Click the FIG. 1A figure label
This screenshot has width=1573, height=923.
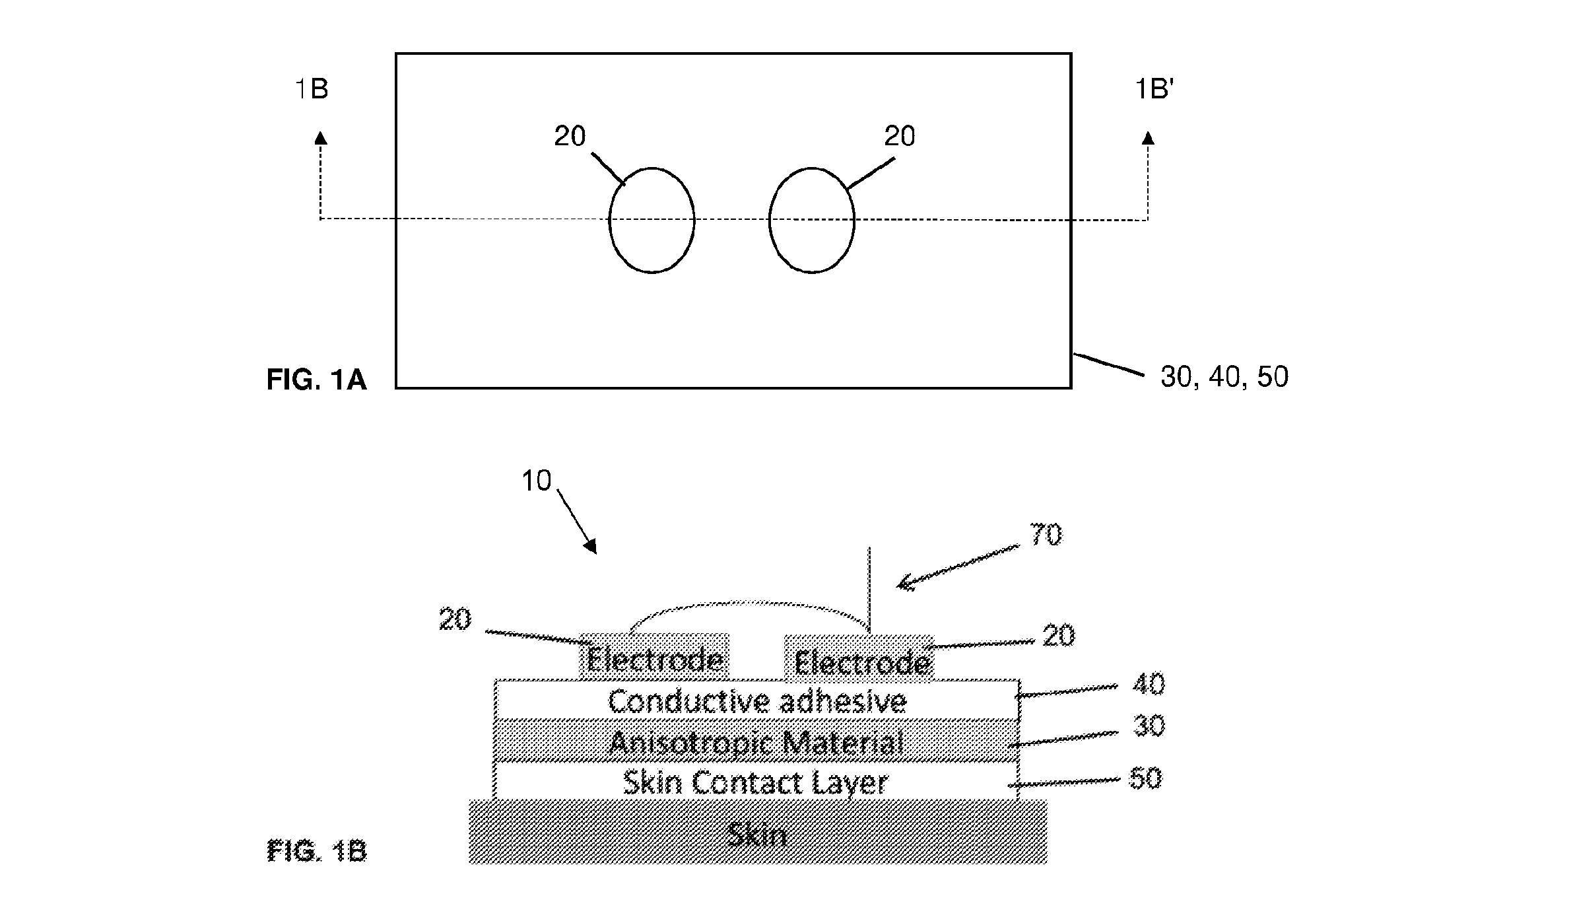pos(316,380)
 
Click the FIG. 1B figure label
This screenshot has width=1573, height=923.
pos(317,851)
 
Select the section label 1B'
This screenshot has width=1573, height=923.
pos(1154,89)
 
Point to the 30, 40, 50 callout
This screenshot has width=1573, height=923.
pos(1224,377)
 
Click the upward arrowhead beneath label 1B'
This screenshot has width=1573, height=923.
pos(1148,138)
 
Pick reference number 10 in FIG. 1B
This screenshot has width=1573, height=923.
pos(536,481)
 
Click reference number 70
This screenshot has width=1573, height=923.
pos(1046,535)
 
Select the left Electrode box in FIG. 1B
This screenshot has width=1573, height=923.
pos(654,656)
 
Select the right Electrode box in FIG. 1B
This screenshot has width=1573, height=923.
pos(859,658)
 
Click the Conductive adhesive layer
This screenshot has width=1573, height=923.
pos(756,699)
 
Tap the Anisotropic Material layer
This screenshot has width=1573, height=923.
pos(756,741)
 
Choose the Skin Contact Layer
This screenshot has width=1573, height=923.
pos(756,782)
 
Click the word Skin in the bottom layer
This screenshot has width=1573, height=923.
pos(756,836)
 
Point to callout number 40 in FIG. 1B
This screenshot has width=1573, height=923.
pos(1149,685)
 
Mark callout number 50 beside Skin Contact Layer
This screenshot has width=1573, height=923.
pos(1145,778)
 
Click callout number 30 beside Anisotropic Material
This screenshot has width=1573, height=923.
pos(1149,726)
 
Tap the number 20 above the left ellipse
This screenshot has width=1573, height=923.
pos(570,137)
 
